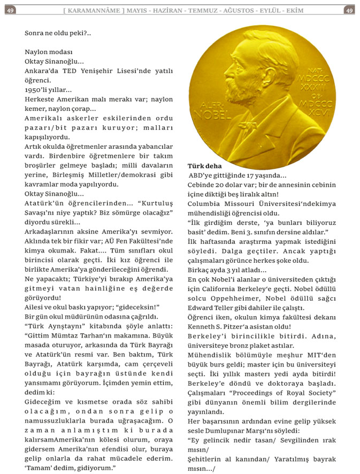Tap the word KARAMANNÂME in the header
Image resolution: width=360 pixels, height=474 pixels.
pos(96,10)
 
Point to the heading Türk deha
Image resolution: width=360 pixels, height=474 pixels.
pos(205,166)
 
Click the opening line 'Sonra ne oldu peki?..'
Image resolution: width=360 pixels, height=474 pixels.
pos(58,33)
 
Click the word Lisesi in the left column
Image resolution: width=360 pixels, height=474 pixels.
pos(143,71)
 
